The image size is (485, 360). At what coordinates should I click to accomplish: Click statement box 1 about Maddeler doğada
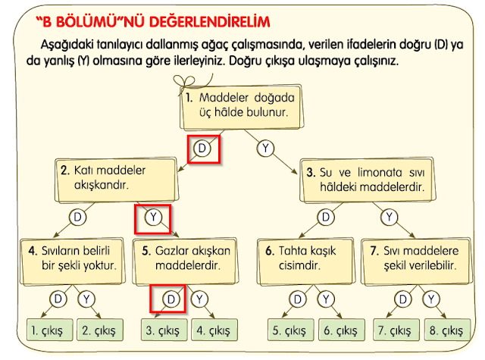point(242,107)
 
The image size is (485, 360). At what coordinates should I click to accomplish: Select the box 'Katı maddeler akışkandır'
point(117,180)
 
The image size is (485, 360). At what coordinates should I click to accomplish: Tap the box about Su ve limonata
point(368,180)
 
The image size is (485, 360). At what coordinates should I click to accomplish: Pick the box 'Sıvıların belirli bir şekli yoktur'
point(73,261)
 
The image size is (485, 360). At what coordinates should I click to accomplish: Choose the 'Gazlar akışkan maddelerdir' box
point(185,261)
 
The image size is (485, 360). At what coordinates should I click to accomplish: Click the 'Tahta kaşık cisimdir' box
point(305,261)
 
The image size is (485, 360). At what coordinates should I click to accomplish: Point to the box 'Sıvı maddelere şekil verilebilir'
point(417,261)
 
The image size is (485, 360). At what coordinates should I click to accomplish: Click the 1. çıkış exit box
point(50,330)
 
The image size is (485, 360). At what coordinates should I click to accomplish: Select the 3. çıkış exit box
point(164,330)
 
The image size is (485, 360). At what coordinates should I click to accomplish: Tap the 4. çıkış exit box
point(214,330)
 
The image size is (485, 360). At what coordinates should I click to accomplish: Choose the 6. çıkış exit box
point(342,330)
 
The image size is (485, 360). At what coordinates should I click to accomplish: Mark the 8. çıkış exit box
point(448,330)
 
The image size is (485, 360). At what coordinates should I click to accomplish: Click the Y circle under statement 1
point(265,148)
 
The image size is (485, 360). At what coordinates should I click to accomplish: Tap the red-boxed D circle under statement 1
point(202,148)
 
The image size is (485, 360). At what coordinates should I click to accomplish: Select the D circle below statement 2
point(77,217)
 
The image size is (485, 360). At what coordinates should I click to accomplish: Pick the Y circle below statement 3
point(389,217)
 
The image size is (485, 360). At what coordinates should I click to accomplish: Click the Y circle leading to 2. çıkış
point(86,299)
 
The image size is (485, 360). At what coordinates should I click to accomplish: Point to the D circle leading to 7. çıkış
point(402,299)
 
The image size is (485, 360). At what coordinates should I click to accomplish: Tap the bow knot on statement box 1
point(185,83)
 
